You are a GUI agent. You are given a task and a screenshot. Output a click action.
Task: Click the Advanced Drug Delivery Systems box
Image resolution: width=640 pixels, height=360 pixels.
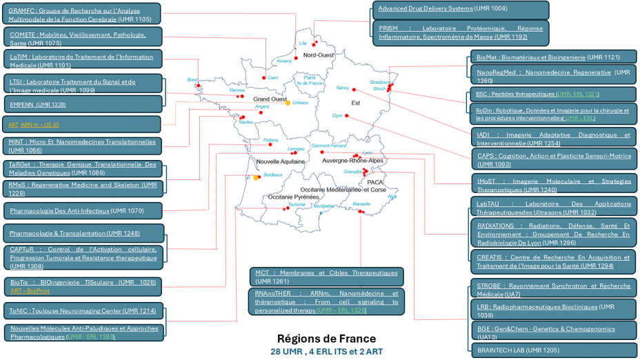461,9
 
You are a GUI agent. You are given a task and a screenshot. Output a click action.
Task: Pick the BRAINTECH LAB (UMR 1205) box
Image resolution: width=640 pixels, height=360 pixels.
554,350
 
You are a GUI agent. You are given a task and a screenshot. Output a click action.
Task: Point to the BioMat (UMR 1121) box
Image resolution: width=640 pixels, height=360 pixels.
554,57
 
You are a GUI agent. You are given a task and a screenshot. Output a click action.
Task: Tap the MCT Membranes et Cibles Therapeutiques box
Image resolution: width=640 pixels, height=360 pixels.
326,277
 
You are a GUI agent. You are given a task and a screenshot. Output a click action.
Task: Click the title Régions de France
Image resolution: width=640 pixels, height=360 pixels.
326,339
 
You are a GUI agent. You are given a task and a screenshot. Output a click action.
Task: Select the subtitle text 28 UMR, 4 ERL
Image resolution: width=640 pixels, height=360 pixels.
326,351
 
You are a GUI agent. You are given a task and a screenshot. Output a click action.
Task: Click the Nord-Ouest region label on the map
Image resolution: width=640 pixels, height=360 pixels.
318,55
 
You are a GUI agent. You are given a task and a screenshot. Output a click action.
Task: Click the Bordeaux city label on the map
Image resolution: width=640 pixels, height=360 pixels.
273,175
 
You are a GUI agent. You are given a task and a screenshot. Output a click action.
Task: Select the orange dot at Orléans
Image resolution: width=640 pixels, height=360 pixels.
288,103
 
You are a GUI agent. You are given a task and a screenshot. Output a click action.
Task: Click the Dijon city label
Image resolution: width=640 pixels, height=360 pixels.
337,115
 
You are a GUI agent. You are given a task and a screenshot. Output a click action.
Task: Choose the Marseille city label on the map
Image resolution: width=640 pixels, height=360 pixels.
361,204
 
